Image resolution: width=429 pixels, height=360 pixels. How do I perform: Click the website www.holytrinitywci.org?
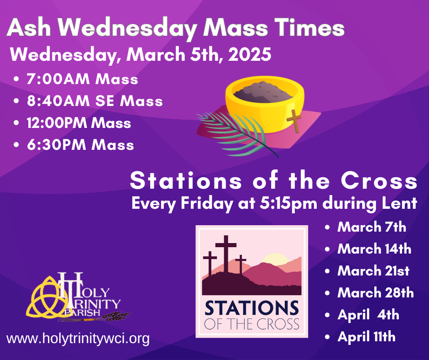tap(78, 339)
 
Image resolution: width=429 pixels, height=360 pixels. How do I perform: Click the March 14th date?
tap(374, 249)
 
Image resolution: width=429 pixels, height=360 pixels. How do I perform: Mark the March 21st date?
tap(373, 271)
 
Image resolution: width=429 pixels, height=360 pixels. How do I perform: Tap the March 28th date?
tap(375, 293)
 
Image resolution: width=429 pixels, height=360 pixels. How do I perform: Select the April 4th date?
tap(368, 315)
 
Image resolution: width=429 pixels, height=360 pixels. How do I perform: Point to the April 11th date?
tap(366, 337)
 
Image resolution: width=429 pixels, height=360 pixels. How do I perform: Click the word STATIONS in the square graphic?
tap(251, 308)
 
